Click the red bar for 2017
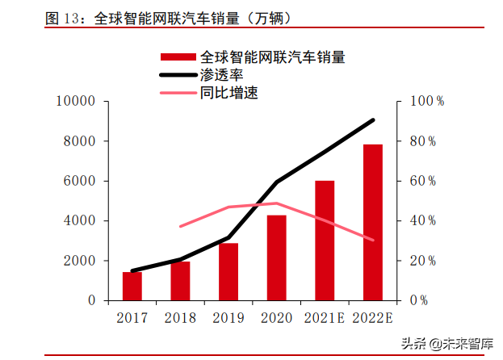click(x=132, y=287)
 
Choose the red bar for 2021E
click(x=325, y=241)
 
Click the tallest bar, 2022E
click(x=373, y=222)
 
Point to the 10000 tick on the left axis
click(x=76, y=102)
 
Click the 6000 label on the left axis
click(x=80, y=181)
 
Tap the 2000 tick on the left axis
click(x=80, y=261)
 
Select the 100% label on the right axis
click(x=429, y=102)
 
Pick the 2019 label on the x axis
click(x=228, y=318)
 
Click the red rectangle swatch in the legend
click(x=177, y=57)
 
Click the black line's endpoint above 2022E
click(x=373, y=120)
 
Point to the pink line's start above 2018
click(x=180, y=226)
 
